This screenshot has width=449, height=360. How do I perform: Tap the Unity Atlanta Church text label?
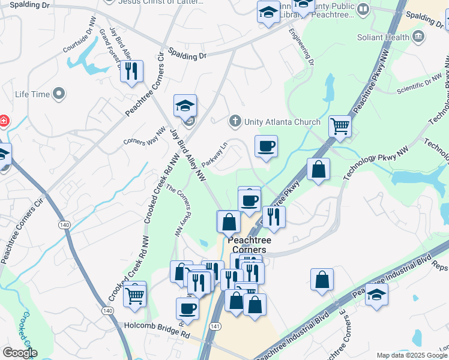click(282, 122)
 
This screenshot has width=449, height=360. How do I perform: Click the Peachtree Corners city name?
click(249, 245)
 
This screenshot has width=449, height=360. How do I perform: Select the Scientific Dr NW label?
click(418, 85)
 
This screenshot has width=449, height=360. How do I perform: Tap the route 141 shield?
click(215, 325)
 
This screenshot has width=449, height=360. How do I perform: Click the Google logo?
click(20, 353)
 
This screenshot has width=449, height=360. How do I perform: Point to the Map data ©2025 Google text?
click(412, 355)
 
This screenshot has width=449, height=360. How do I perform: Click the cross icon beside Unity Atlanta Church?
click(236, 122)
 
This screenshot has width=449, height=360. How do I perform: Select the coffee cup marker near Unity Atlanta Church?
click(265, 146)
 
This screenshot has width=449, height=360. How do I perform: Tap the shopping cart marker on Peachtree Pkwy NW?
click(340, 127)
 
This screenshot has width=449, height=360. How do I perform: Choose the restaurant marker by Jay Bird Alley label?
click(131, 72)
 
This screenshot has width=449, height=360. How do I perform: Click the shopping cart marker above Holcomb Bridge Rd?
click(134, 294)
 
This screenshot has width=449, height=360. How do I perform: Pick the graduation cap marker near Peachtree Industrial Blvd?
click(376, 295)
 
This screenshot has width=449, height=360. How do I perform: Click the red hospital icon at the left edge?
click(4, 121)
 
